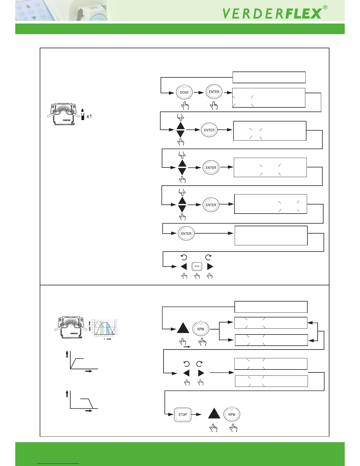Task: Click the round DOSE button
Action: [x=184, y=92]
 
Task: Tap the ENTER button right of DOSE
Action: [x=214, y=92]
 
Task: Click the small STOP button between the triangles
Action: [x=197, y=267]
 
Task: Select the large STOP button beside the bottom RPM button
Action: [x=183, y=415]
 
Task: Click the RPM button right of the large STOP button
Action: [x=232, y=415]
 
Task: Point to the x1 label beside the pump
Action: [x=89, y=116]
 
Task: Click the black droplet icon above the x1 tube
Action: [x=83, y=111]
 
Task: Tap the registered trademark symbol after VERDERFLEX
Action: [x=325, y=8]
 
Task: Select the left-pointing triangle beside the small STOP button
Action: [x=184, y=267]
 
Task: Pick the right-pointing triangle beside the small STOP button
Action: [x=210, y=267]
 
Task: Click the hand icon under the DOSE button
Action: [x=185, y=106]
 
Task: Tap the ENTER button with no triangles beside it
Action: [x=186, y=234]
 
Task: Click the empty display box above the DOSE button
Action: [x=269, y=77]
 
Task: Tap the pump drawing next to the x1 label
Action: [x=64, y=114]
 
